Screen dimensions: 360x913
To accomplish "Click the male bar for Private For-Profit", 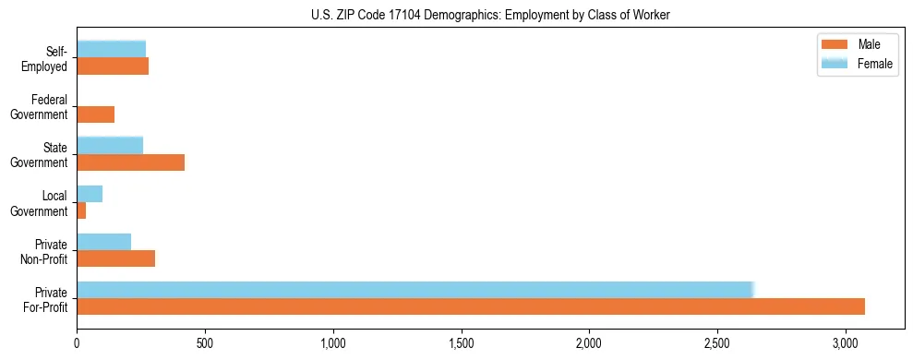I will click(471, 306).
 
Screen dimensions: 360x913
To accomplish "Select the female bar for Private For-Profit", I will click(415, 290).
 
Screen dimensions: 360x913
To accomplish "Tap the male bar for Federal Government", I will click(96, 114).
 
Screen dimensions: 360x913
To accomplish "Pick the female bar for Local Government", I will click(90, 194).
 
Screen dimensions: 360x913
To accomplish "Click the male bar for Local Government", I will click(81, 210).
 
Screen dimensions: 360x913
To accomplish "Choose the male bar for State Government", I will click(130, 162).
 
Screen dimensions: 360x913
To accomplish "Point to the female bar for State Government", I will click(110, 146).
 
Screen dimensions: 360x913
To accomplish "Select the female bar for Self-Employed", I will click(111, 50).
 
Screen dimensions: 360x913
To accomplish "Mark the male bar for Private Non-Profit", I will click(115, 258).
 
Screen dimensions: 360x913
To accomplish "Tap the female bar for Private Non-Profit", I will click(103, 242).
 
